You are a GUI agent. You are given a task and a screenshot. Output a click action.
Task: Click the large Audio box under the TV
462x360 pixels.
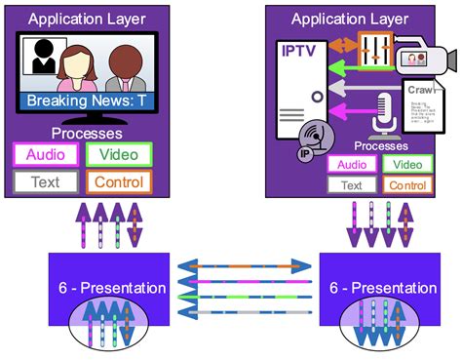click(45, 155)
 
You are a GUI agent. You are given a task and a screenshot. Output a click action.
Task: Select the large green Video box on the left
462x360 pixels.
click(119, 155)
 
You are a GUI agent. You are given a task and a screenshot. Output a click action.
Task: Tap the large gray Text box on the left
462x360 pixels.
click(45, 181)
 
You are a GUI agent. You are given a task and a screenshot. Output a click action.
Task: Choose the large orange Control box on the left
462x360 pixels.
click(119, 181)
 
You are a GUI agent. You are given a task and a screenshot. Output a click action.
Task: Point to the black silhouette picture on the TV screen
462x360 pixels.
click(43, 58)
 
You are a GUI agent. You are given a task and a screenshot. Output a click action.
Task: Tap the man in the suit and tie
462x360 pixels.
click(126, 70)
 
